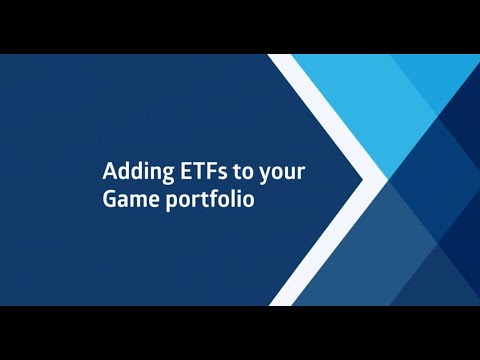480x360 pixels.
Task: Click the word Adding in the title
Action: pyautogui.click(x=131, y=172)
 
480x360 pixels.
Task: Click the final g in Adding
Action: pyautogui.click(x=155, y=174)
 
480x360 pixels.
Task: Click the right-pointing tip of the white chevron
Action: pyautogui.click(x=384, y=180)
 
